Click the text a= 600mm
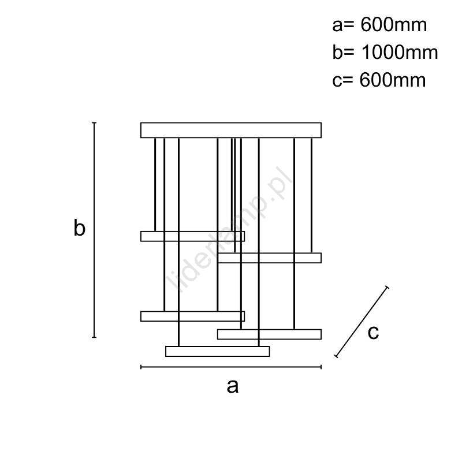click(379, 25)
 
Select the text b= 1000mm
click(385, 53)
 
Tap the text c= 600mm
click(379, 80)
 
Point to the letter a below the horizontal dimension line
click(233, 386)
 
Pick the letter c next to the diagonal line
click(373, 333)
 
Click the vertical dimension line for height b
click(94, 230)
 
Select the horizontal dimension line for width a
click(231, 367)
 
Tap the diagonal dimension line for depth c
click(362, 322)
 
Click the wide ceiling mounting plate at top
click(231, 131)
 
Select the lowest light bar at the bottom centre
click(218, 352)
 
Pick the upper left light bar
click(193, 236)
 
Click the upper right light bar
click(269, 258)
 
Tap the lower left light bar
click(193, 316)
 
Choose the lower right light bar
click(269, 334)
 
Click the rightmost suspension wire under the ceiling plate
click(311, 195)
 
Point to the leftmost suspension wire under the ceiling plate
click(155, 184)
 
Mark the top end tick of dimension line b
click(94, 122)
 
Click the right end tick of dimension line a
click(321, 367)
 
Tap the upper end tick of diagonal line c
click(387, 287)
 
